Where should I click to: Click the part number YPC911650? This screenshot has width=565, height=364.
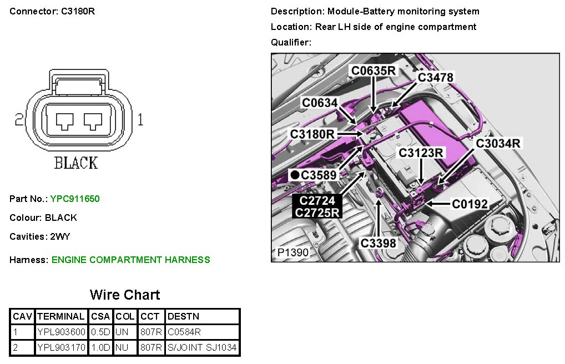click(75, 199)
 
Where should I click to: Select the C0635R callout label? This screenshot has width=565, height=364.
click(373, 70)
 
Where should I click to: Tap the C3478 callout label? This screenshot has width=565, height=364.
click(435, 78)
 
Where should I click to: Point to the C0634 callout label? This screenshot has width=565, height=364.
click(320, 102)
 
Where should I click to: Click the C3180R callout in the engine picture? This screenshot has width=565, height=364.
click(312, 134)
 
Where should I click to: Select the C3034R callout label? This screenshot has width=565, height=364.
click(498, 143)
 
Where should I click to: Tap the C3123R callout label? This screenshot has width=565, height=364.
click(421, 153)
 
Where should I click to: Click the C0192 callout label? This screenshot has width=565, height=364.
click(470, 204)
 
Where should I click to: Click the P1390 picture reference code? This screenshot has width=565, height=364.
click(292, 253)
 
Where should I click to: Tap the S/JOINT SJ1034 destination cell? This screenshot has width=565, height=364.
click(202, 348)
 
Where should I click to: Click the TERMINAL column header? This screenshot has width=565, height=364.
click(60, 317)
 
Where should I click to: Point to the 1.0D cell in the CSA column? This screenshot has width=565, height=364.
click(100, 348)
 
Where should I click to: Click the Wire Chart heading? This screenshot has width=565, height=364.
click(125, 295)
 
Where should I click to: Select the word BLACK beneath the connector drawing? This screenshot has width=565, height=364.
click(75, 163)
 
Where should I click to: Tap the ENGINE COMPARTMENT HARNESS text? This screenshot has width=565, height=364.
click(130, 260)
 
